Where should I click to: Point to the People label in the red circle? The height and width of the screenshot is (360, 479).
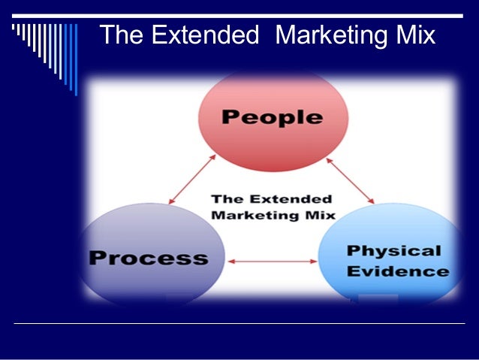(x=273, y=117)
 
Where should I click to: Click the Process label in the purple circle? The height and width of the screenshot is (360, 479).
(x=148, y=258)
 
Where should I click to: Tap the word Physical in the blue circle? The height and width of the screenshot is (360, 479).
(x=393, y=250)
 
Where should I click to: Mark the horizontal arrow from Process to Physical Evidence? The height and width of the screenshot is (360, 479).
(x=272, y=262)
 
